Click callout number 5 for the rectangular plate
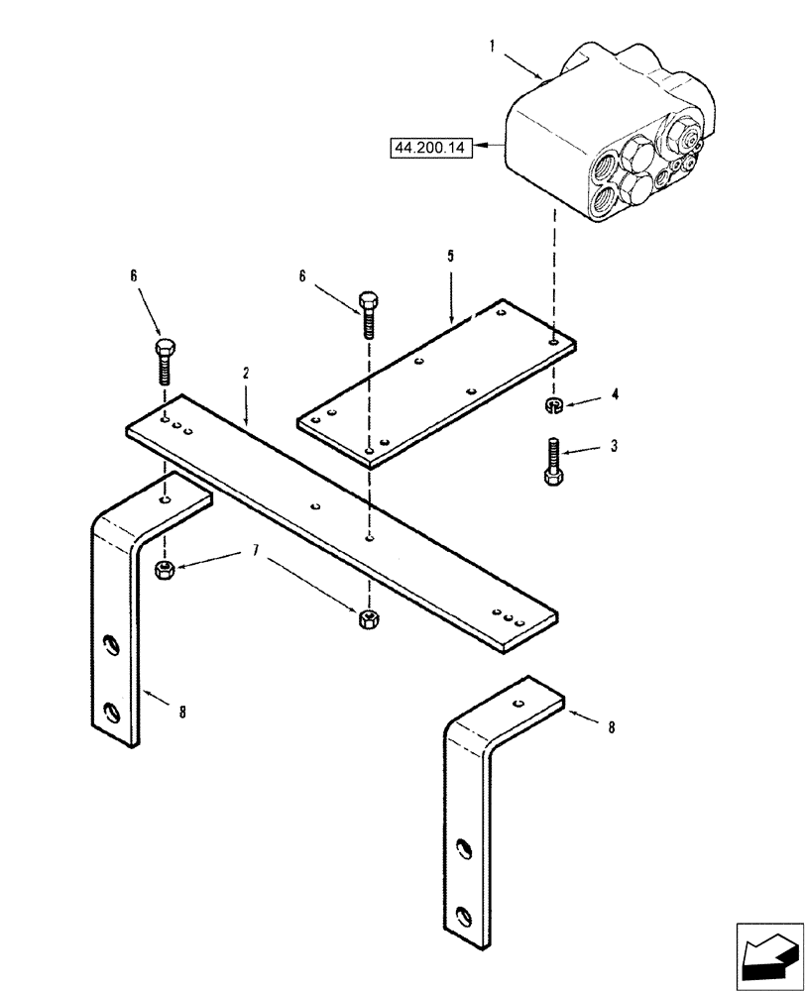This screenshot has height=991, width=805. click(450, 256)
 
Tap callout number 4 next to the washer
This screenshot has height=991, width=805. click(615, 394)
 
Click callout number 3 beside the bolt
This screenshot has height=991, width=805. click(615, 447)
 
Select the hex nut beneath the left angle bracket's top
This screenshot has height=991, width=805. click(166, 569)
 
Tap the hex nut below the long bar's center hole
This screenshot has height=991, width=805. click(368, 620)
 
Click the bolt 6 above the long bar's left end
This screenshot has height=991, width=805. click(164, 362)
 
